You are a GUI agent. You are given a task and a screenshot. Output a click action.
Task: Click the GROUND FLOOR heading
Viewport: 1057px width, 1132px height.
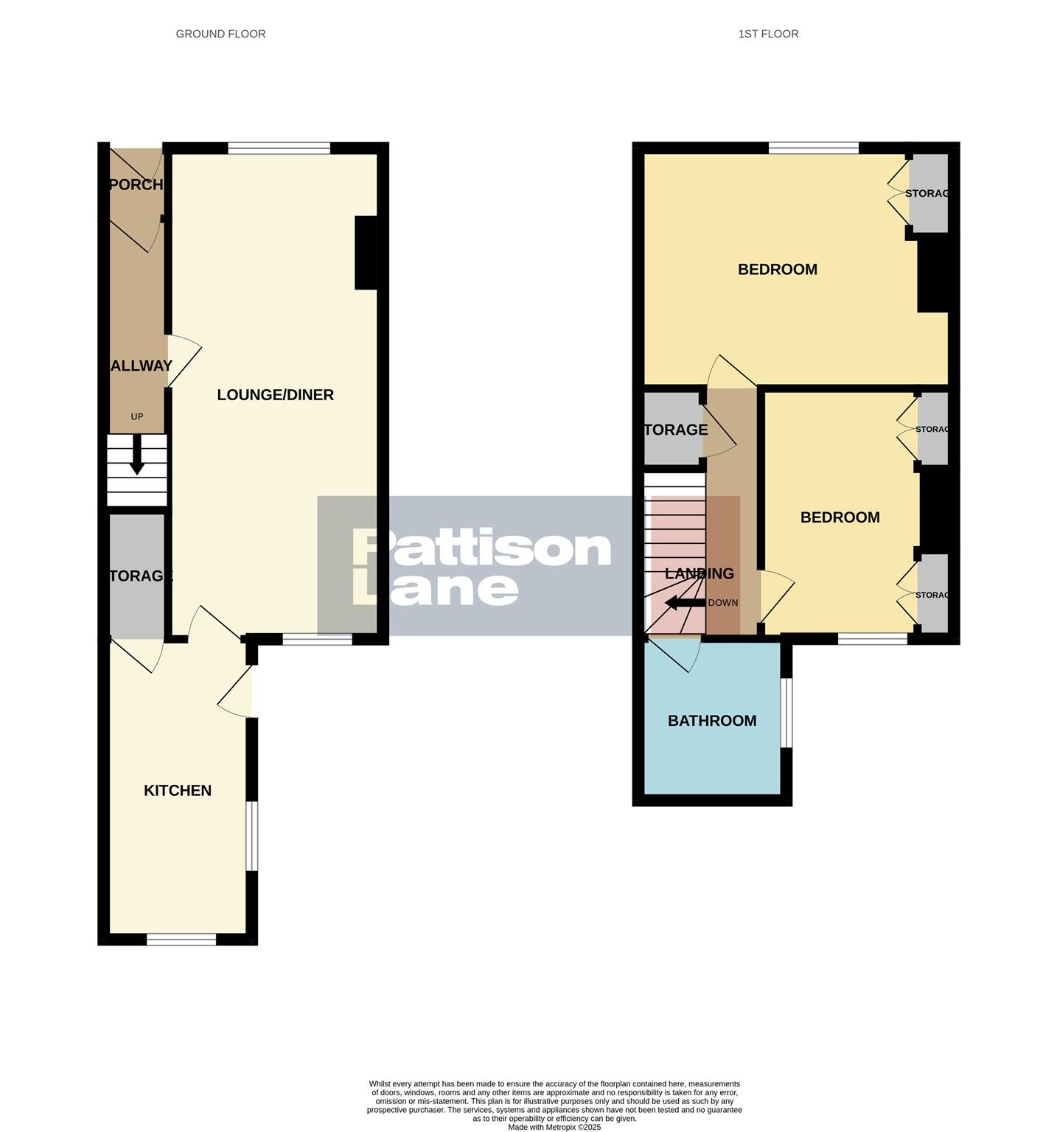pyautogui.click(x=220, y=34)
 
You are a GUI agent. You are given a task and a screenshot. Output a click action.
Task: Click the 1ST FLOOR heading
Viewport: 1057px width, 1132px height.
pyautogui.click(x=768, y=34)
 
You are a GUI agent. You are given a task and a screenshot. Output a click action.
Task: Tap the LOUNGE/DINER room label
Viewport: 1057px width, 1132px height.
pyautogui.click(x=275, y=395)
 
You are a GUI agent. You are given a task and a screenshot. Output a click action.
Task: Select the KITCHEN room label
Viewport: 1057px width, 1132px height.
pyautogui.click(x=178, y=791)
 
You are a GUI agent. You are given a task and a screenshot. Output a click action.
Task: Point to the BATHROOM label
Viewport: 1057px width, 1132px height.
pyautogui.click(x=712, y=721)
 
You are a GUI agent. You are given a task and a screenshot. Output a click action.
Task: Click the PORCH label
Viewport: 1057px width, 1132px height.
pyautogui.click(x=136, y=184)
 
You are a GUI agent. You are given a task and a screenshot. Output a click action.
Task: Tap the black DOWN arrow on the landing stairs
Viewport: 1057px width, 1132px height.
pyautogui.click(x=684, y=604)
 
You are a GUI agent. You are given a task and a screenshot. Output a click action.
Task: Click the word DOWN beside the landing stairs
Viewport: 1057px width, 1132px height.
pyautogui.click(x=723, y=603)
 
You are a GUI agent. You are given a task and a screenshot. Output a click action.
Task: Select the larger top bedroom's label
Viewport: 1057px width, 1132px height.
pyautogui.click(x=778, y=270)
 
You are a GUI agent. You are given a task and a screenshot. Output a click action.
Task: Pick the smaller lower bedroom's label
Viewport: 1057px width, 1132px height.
pyautogui.click(x=840, y=517)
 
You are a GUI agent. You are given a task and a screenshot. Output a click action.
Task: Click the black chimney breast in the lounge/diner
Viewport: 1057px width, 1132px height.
pyautogui.click(x=366, y=252)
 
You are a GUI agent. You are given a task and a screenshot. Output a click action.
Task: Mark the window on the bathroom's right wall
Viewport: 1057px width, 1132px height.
pyautogui.click(x=786, y=713)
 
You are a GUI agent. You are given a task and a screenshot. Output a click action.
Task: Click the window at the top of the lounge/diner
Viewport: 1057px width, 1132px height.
pyautogui.click(x=279, y=149)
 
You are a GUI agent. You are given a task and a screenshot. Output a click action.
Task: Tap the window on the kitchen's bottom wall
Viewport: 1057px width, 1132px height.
pyautogui.click(x=181, y=939)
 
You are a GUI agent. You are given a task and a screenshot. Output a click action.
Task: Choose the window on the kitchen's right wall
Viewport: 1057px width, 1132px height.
pyautogui.click(x=252, y=836)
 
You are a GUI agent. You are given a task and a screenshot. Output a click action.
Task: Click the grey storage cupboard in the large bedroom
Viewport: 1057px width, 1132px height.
pyautogui.click(x=928, y=193)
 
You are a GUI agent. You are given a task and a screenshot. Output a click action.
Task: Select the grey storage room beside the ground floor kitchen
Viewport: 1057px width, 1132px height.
pyautogui.click(x=137, y=576)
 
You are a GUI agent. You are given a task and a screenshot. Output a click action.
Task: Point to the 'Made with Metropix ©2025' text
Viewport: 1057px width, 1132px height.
pyautogui.click(x=554, y=1127)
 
